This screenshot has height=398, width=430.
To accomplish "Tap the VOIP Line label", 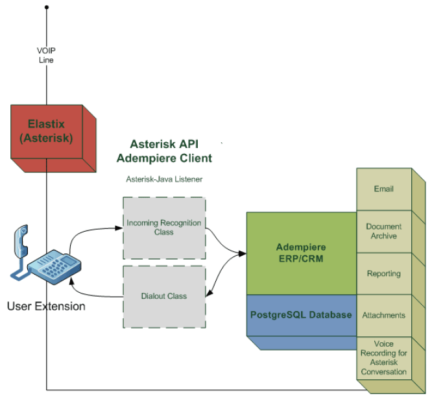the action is click(46, 55).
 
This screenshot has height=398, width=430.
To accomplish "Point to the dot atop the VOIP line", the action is click(47, 7).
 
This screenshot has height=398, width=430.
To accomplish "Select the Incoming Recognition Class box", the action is click(164, 228).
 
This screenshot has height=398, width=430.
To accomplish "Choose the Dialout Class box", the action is click(164, 297).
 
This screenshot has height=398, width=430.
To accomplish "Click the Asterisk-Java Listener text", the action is click(164, 179).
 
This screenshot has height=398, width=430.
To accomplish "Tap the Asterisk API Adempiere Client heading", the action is click(164, 151).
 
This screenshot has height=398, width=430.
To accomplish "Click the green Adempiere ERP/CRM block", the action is click(302, 253).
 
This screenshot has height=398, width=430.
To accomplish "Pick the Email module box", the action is click(384, 189).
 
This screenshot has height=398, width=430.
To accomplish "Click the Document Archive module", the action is click(384, 231).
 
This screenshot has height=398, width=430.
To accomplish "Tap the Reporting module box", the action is click(384, 273).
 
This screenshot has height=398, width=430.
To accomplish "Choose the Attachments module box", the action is click(384, 316).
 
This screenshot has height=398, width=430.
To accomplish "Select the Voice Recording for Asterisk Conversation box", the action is click(384, 358).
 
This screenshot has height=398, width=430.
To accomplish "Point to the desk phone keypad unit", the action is click(54, 266).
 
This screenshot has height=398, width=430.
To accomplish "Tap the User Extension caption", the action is click(46, 306).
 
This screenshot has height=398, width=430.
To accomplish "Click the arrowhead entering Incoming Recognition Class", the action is click(119, 228).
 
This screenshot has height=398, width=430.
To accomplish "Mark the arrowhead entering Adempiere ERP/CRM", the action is click(243, 254).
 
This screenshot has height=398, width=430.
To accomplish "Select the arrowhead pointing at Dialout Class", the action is click(209, 293).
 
